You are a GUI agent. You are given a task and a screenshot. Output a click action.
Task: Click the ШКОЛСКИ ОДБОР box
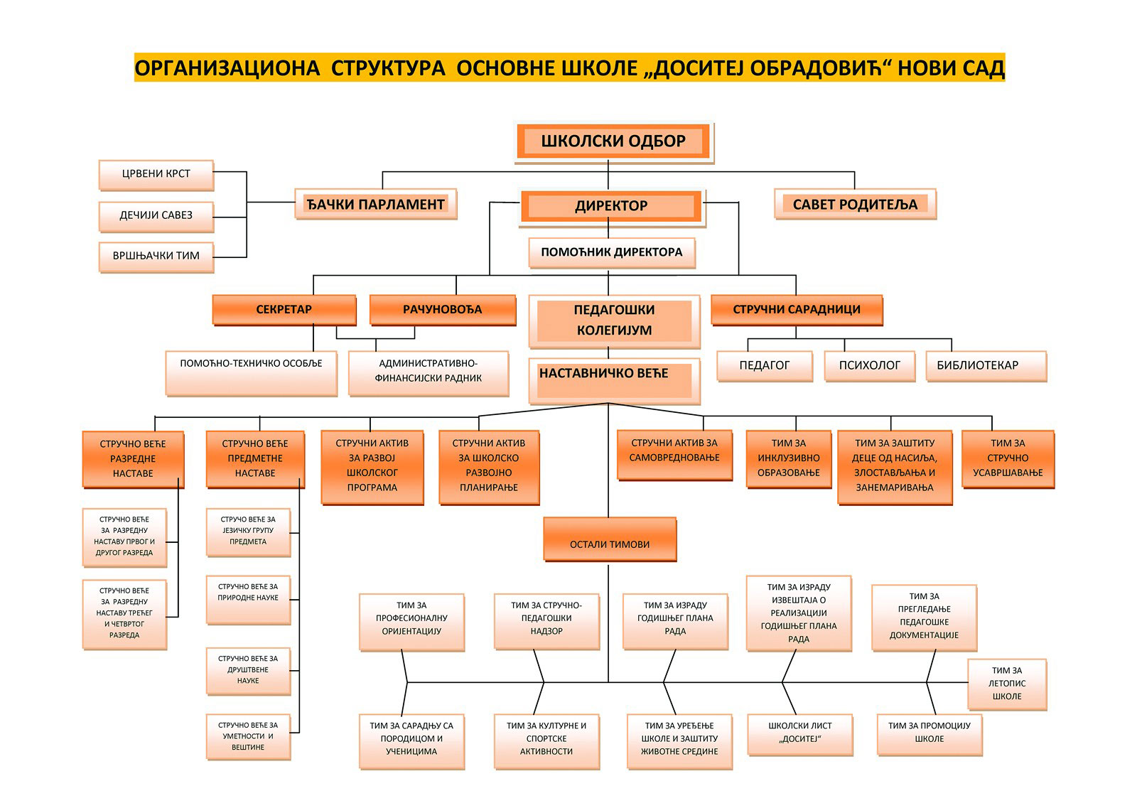pyautogui.click(x=614, y=142)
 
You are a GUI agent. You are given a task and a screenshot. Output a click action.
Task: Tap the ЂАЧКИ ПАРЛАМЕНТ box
pyautogui.click(x=376, y=205)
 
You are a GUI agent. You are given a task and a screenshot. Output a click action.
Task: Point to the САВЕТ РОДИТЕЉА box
pyautogui.click(x=856, y=205)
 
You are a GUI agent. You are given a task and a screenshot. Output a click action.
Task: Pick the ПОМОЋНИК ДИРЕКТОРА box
pyautogui.click(x=612, y=253)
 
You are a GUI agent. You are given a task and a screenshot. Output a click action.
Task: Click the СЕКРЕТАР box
pyautogui.click(x=284, y=310)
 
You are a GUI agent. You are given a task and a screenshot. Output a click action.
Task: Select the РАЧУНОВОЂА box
pyautogui.click(x=443, y=310)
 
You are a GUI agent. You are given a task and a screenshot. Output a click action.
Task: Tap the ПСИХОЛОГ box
pyautogui.click(x=870, y=366)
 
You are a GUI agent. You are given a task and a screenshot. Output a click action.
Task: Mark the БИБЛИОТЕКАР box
pyautogui.click(x=986, y=366)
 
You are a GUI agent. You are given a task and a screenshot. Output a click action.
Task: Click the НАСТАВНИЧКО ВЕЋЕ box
pyautogui.click(x=614, y=381)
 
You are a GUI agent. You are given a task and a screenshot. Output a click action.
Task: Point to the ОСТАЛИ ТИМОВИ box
pyautogui.click(x=610, y=539)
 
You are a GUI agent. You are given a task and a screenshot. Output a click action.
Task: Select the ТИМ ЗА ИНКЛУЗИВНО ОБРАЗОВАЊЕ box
pyautogui.click(x=789, y=459)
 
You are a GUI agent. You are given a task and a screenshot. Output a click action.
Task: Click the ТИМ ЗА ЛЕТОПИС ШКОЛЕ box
pyautogui.click(x=1007, y=684)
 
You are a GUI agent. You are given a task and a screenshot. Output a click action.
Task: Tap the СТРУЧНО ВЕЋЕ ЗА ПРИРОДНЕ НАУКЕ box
pyautogui.click(x=248, y=600)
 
